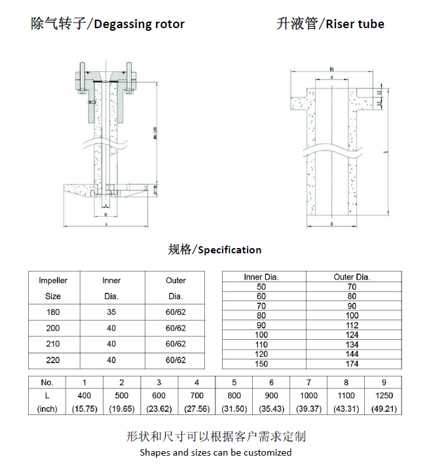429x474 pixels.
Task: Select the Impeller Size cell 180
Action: [x=52, y=312]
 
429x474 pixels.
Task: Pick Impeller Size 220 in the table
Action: [x=52, y=360]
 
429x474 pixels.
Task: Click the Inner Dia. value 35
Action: [x=111, y=312]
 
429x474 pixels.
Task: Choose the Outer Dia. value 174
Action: [x=352, y=364]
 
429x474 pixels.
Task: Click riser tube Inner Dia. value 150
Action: [x=261, y=364]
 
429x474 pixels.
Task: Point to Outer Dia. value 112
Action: [x=352, y=325]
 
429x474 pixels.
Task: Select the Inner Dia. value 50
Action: [x=261, y=287]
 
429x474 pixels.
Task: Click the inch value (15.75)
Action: [x=84, y=409]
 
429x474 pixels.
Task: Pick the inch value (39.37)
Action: [x=308, y=409]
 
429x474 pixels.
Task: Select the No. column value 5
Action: [x=234, y=382]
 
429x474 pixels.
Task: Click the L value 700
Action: [x=196, y=395]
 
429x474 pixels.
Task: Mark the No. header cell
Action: [x=47, y=382]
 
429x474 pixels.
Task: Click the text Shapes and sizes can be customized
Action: [x=215, y=452]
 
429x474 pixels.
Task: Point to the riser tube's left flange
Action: [x=301, y=103]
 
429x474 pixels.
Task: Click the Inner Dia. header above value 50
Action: [x=261, y=277]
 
